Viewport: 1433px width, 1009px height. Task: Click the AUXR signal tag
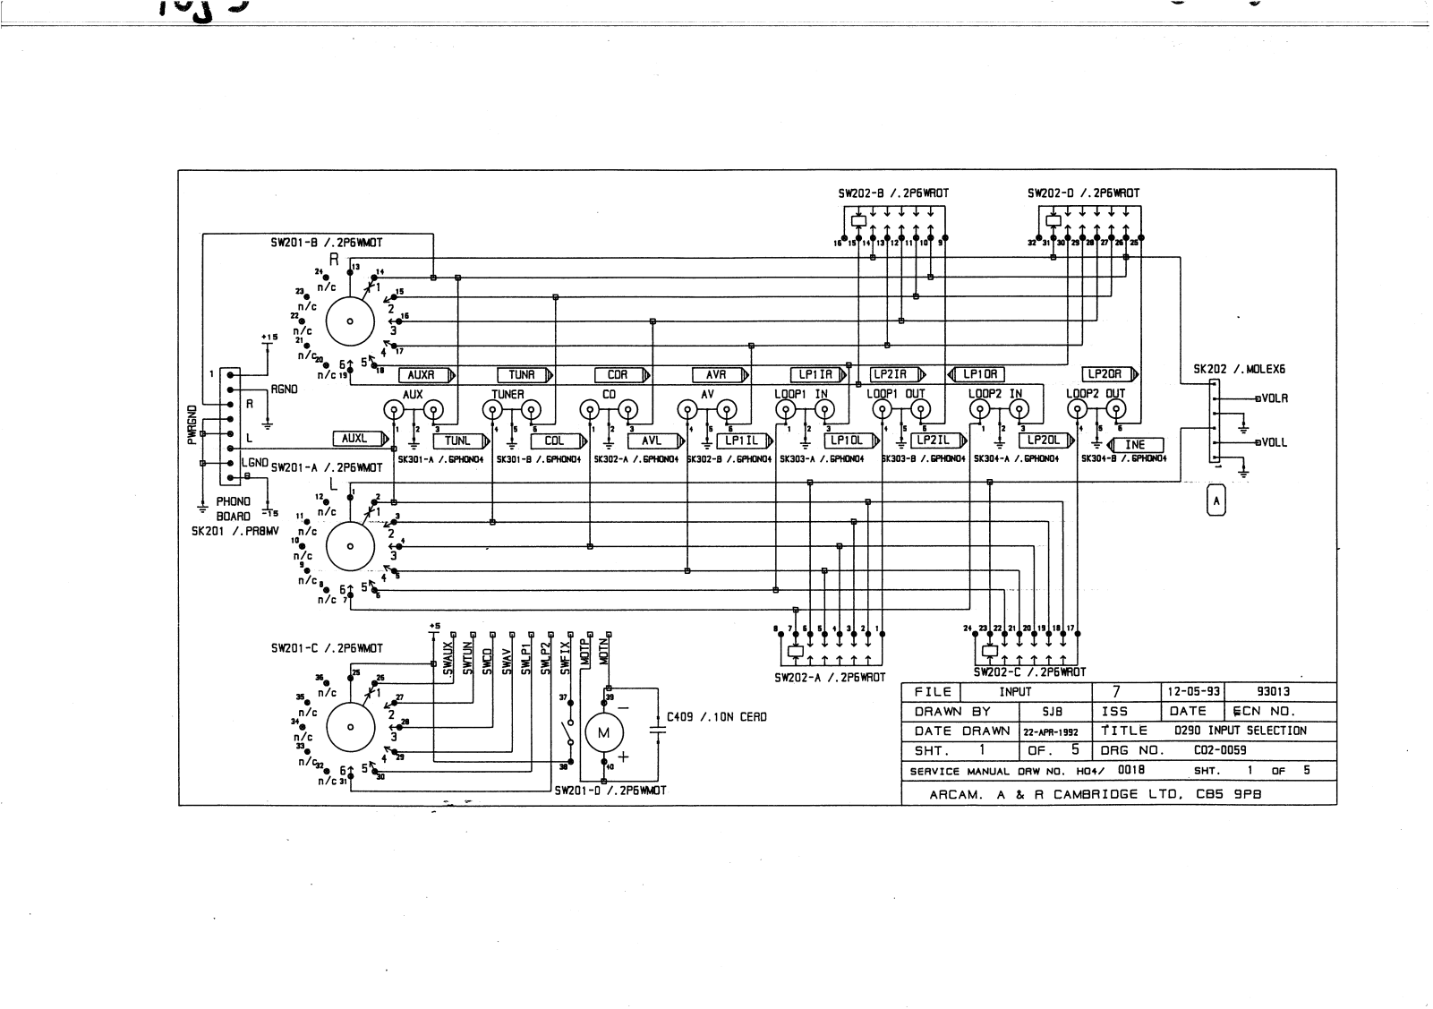[x=421, y=375]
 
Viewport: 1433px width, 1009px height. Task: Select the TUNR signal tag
[x=521, y=375]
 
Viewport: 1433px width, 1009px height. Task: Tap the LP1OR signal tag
[x=980, y=374]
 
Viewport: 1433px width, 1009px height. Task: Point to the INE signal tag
[x=1134, y=445]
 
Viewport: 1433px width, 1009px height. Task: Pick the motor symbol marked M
[x=602, y=733]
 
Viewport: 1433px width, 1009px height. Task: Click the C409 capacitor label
[x=717, y=717]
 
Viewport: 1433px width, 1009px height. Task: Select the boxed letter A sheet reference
[x=1215, y=501]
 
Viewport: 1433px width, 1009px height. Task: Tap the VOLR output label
[x=1274, y=398]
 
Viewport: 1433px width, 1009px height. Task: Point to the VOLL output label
[x=1274, y=442]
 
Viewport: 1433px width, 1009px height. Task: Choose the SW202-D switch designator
[x=1083, y=192]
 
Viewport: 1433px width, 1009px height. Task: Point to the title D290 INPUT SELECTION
[x=1240, y=731]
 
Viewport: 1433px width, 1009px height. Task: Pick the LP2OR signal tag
[x=1106, y=374]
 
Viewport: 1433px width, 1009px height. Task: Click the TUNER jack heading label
[x=508, y=394]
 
